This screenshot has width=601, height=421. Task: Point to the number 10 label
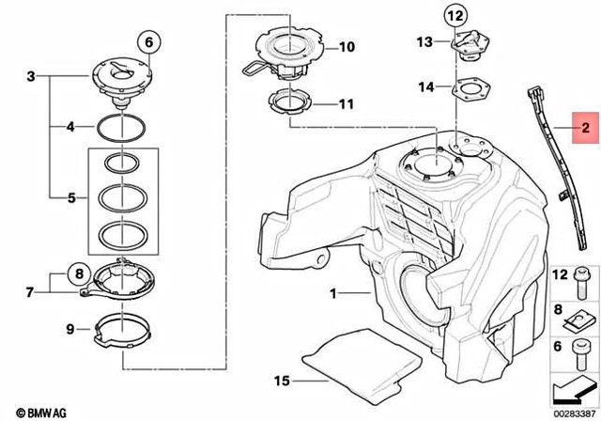tap(347, 46)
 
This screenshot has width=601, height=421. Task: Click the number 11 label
tap(347, 104)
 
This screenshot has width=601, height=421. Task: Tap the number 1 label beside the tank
tap(331, 294)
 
